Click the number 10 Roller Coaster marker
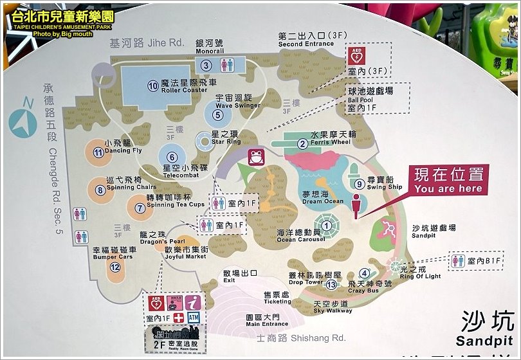[x=152, y=84]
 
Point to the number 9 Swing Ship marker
[x=360, y=184]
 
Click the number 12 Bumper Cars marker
[x=114, y=267]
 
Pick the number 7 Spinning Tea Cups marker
[x=140, y=208]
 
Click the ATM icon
[x=194, y=318]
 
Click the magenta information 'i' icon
[x=194, y=302]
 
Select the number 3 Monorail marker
[x=206, y=65]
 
